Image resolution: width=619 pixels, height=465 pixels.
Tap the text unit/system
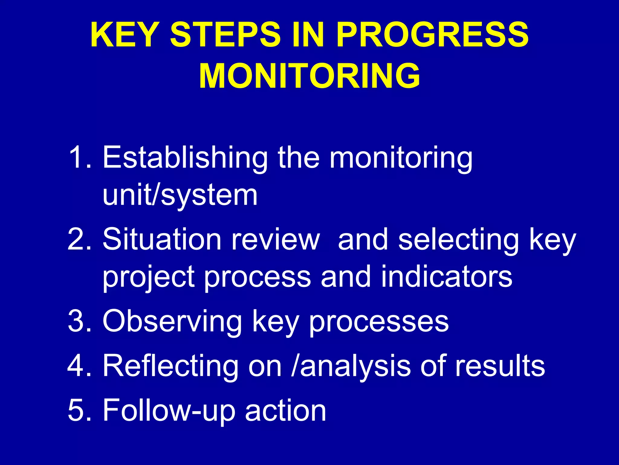click(x=180, y=196)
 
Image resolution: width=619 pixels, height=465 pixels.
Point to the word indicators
click(x=446, y=276)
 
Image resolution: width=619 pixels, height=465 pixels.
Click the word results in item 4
click(x=500, y=365)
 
